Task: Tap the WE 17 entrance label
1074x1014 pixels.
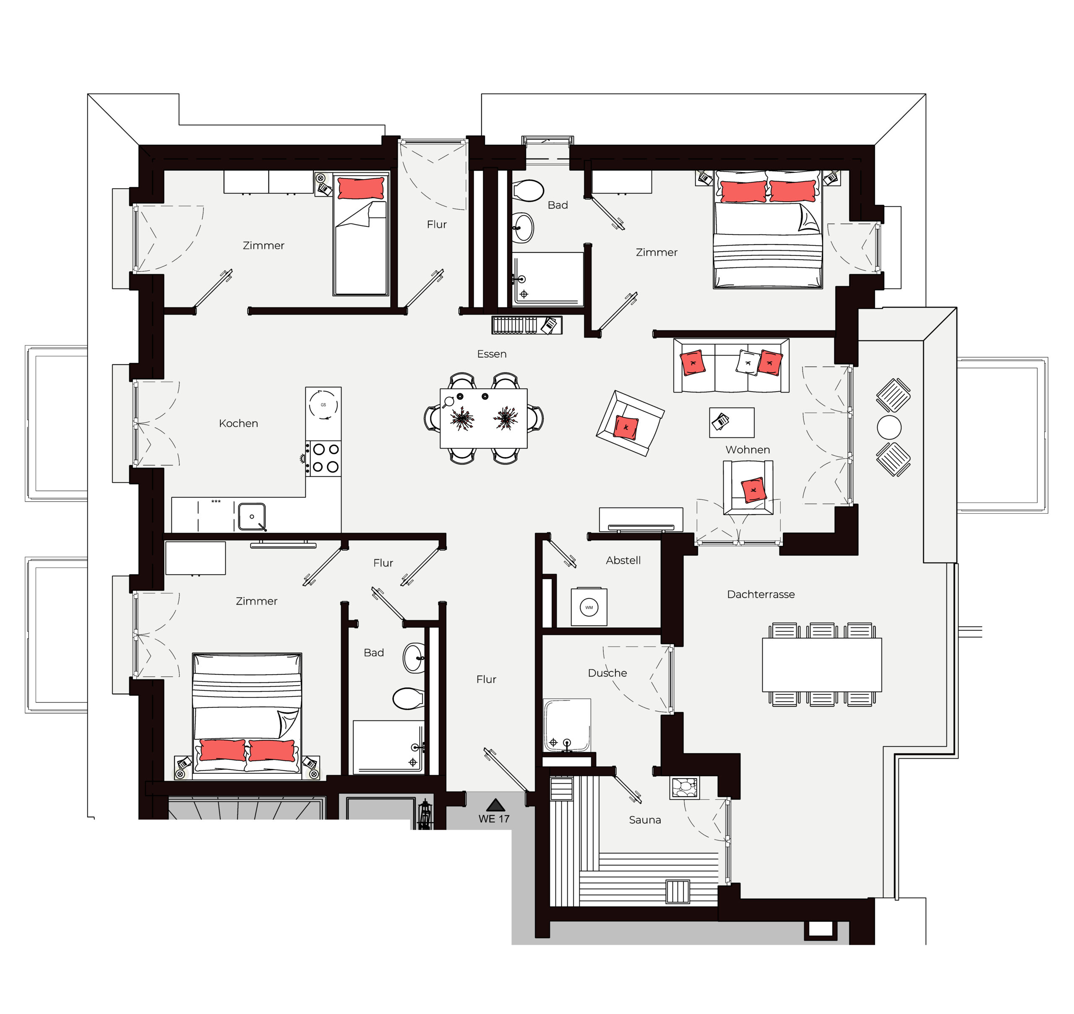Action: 494,819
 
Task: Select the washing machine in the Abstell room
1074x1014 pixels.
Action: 589,607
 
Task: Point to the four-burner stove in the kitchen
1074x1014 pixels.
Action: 323,458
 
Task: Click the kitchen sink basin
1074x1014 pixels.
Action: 252,517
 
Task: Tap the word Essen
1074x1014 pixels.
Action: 492,354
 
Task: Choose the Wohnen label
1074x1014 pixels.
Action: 747,450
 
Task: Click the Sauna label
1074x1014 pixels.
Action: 645,820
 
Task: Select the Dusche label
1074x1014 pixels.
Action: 607,673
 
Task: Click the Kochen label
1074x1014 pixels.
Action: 238,423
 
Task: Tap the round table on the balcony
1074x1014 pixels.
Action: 889,427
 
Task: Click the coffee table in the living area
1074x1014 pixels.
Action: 732,422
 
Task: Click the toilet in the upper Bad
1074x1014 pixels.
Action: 528,190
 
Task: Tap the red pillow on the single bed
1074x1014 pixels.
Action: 361,189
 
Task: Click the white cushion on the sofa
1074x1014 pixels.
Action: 748,362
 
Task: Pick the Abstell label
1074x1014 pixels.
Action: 623,561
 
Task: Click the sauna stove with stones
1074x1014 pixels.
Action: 684,788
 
